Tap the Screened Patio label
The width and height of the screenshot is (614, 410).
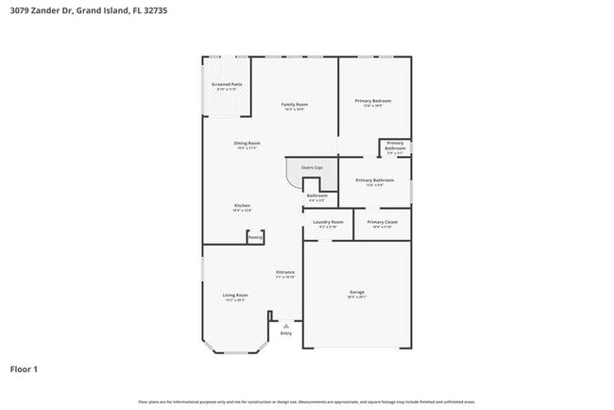(x=227, y=85)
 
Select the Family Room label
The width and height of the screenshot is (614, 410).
(x=295, y=105)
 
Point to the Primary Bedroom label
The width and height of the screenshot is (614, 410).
(x=373, y=102)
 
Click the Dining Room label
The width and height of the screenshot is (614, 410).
(x=247, y=144)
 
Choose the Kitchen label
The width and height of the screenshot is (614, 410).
(x=243, y=207)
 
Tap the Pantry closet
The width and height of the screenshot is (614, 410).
(x=255, y=237)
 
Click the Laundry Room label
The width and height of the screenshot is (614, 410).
(x=329, y=223)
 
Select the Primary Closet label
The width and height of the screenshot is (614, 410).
(x=383, y=223)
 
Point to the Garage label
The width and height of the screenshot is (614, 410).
(x=357, y=294)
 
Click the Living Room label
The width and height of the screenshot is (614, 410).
(x=235, y=296)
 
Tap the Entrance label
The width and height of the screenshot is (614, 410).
(x=285, y=273)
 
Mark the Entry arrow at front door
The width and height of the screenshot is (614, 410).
(x=286, y=324)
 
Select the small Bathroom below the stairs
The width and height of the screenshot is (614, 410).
(x=317, y=196)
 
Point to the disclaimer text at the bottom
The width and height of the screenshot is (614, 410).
(x=306, y=401)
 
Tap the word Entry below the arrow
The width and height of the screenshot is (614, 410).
(x=286, y=333)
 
